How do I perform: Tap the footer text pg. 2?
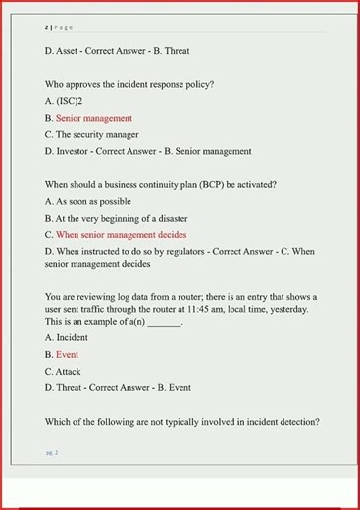[52, 452]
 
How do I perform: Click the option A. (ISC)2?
[64, 101]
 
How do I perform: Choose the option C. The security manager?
[91, 134]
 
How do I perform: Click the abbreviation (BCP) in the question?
[214, 184]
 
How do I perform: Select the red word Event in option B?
[68, 355]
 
